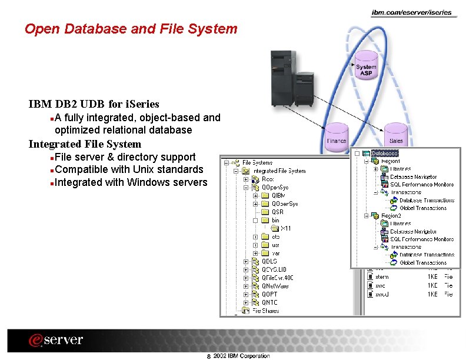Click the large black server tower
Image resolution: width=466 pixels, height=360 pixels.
pyautogui.click(x=282, y=79)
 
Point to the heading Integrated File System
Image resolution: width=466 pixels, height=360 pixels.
pyautogui.click(x=85, y=144)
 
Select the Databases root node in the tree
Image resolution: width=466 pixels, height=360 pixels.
pyautogui.click(x=384, y=153)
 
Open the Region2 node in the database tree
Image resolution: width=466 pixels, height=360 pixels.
pyautogui.click(x=390, y=216)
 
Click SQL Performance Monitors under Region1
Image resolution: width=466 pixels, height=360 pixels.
pyautogui.click(x=422, y=185)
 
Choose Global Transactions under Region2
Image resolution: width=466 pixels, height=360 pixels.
pyautogui.click(x=423, y=262)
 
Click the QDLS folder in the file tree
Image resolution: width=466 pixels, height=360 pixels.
pyautogui.click(x=269, y=261)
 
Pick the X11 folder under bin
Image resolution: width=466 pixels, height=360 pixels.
pyautogui.click(x=285, y=228)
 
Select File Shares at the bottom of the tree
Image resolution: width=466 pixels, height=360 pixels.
pyautogui.click(x=265, y=311)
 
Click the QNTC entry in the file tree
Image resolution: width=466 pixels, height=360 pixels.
pyautogui.click(x=269, y=302)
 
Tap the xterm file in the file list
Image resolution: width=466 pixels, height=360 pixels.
pyautogui.click(x=382, y=277)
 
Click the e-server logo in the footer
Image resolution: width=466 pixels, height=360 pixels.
pyautogui.click(x=56, y=341)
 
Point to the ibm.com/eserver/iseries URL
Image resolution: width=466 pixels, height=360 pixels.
pyautogui.click(x=411, y=12)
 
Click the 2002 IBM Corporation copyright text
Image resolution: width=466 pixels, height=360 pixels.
pyautogui.click(x=241, y=356)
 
